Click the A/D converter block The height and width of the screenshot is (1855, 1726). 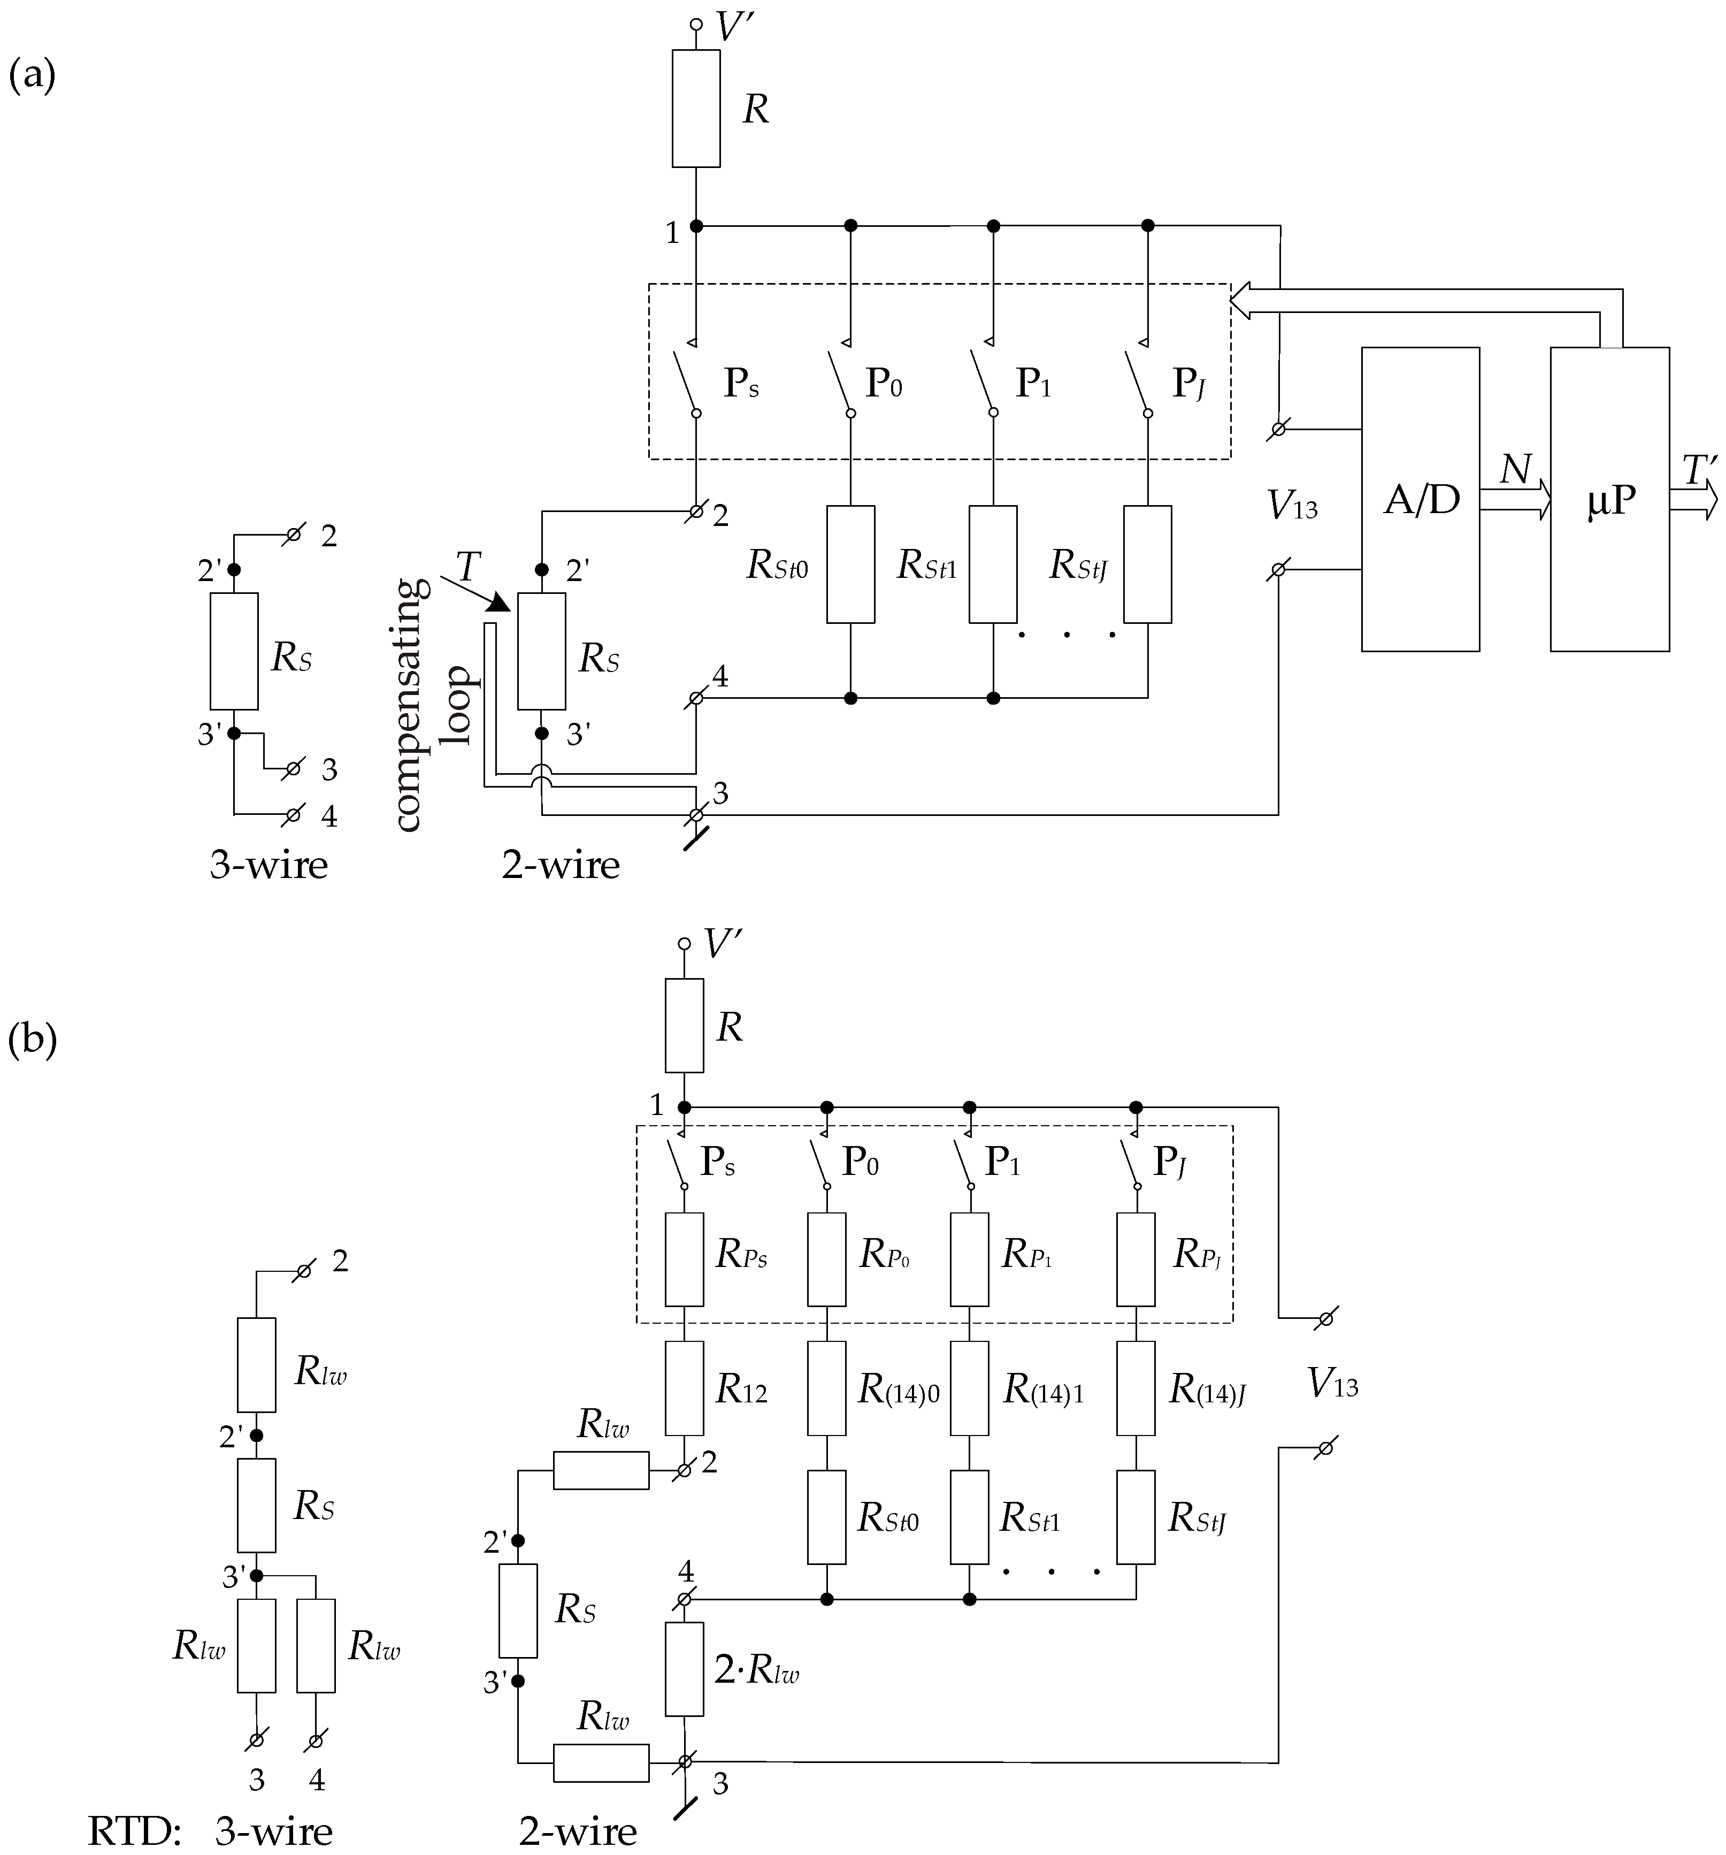(1420, 499)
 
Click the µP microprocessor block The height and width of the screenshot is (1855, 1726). (1609, 499)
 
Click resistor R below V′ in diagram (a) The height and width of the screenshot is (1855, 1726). (696, 108)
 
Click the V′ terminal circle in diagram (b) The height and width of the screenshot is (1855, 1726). (684, 943)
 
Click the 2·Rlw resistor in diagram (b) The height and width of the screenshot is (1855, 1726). (684, 1669)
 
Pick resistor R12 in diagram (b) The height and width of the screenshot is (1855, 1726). (684, 1388)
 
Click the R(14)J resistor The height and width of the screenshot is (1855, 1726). (1136, 1388)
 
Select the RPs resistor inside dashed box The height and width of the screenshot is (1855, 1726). (684, 1259)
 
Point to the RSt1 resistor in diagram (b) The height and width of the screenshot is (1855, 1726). (969, 1518)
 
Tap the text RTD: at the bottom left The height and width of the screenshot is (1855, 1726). (133, 1831)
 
